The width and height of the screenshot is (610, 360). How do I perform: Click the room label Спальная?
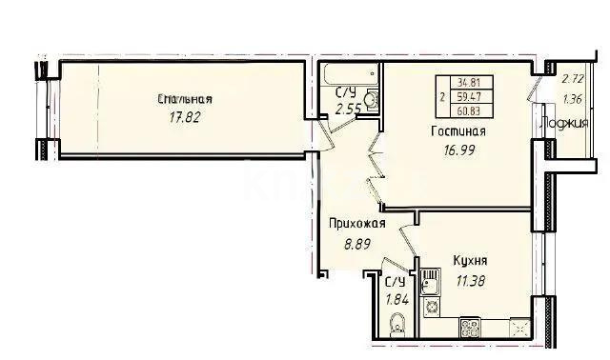[185, 99]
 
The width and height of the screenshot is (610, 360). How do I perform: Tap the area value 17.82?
[184, 117]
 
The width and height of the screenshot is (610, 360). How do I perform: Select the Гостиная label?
[458, 131]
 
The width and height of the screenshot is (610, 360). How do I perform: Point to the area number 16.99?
[459, 150]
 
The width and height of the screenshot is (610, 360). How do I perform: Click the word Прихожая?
[357, 224]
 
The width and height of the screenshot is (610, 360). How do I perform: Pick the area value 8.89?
[357, 244]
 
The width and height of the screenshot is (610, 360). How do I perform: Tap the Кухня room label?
[470, 260]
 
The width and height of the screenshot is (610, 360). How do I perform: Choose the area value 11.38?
[471, 280]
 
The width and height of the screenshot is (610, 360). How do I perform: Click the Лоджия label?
[564, 123]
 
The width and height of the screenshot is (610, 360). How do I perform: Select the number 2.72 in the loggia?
[573, 79]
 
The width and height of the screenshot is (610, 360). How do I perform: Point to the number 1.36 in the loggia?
[573, 99]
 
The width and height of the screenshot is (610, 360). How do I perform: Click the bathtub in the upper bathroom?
[351, 74]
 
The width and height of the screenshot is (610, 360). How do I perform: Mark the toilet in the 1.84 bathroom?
[397, 325]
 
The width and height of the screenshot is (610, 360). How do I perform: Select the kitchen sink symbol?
[430, 282]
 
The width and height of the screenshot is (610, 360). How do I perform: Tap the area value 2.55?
[348, 110]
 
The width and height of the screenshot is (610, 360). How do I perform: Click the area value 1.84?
[396, 299]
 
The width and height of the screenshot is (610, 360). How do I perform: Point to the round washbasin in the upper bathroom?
[373, 100]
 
